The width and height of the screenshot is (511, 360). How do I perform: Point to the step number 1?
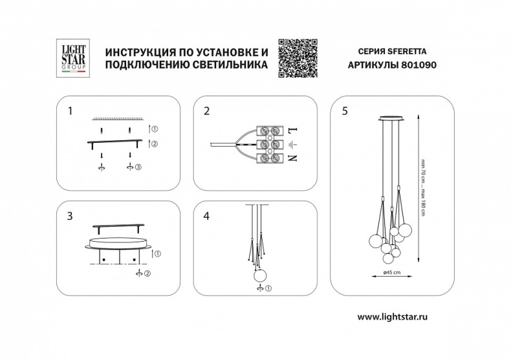70,111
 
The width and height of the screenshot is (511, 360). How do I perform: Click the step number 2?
207,111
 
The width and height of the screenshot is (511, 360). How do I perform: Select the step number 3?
70,216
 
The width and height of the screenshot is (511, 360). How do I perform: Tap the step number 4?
207,216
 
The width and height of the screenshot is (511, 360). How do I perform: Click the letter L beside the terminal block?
293,129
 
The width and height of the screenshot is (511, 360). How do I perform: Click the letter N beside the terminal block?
293,158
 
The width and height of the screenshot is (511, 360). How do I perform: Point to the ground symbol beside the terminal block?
293,143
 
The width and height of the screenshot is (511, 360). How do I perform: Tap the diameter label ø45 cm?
393,271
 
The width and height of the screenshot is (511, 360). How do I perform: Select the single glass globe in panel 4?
260,274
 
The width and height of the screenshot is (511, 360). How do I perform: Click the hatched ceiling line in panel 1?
116,119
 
